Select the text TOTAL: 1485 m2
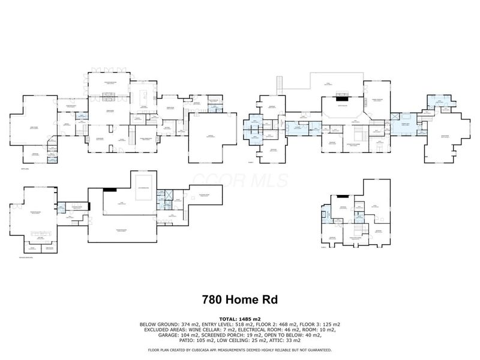pyautogui.click(x=239, y=319)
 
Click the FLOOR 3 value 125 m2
pyautogui.click(x=331, y=324)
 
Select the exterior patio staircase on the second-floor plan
pyautogui.click(x=280, y=86)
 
